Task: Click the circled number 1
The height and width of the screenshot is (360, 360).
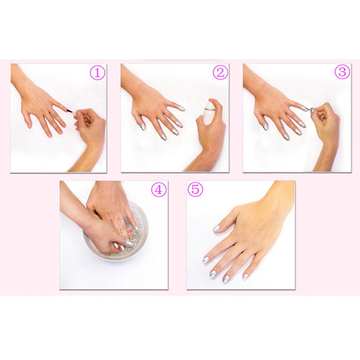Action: (98, 73)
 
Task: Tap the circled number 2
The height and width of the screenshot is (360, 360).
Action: (220, 72)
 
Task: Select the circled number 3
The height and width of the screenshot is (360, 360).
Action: (342, 72)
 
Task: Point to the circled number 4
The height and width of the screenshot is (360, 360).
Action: (158, 189)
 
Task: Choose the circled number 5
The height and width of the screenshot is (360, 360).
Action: (195, 189)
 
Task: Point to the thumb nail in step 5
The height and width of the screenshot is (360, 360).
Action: (216, 228)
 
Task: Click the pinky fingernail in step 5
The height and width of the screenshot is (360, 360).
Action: (245, 277)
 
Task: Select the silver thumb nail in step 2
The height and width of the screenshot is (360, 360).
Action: (143, 126)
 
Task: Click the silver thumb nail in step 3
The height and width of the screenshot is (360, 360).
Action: (265, 126)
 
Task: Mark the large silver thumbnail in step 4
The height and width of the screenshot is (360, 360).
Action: (129, 243)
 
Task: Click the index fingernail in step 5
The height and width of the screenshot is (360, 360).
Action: (206, 260)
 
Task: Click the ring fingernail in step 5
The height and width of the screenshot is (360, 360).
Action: (226, 279)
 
